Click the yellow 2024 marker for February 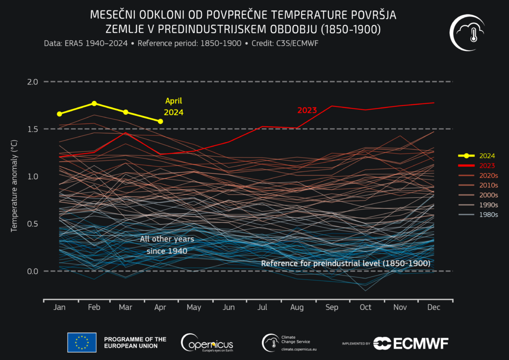(x=94, y=103)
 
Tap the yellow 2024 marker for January (x=60, y=114)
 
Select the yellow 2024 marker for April (x=160, y=121)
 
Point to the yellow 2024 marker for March (x=126, y=112)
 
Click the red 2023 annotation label (x=307, y=110)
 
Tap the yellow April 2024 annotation (x=173, y=106)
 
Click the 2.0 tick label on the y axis (x=18, y=82)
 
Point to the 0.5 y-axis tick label (x=18, y=224)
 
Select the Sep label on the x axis (x=331, y=307)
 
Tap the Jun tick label (x=229, y=307)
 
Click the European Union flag (x=82, y=342)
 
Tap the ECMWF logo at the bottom (x=411, y=343)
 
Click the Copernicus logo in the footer (x=207, y=342)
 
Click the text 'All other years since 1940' (x=167, y=245)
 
